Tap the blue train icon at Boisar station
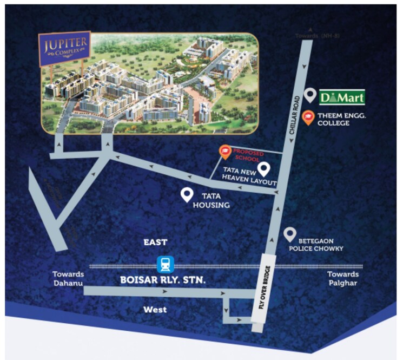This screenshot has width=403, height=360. (165, 265)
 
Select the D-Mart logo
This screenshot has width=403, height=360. (341, 97)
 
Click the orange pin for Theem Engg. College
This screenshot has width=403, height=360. (309, 117)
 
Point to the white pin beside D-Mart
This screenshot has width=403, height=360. (309, 95)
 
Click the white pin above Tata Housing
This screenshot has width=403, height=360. (187, 195)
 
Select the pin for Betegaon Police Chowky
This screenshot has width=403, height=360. (290, 234)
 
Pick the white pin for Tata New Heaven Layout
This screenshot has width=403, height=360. (264, 168)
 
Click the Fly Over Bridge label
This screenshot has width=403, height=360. (263, 293)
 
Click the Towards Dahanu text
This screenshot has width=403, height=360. (69, 278)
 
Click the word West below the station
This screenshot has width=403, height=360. (155, 310)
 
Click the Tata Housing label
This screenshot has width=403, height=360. (215, 200)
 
